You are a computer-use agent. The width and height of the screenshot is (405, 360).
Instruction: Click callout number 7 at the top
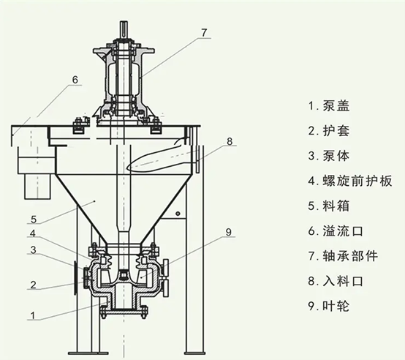(x=205, y=32)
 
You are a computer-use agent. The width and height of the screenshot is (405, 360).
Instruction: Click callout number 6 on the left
(x=74, y=79)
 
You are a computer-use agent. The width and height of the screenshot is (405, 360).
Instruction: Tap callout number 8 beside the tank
(x=230, y=141)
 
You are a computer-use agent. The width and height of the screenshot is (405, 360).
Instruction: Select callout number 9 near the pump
(x=228, y=233)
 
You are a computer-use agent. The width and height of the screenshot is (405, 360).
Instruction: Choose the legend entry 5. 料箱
(x=335, y=205)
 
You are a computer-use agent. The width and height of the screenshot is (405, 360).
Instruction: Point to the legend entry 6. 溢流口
(x=341, y=230)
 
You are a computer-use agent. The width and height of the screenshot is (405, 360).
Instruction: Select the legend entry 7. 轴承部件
(x=347, y=255)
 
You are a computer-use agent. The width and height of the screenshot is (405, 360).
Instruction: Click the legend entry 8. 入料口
(x=341, y=280)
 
